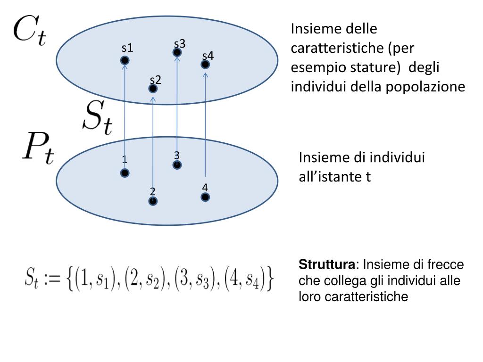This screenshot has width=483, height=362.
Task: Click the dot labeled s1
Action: point(125,60)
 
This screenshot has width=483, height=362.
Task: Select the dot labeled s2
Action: point(153,89)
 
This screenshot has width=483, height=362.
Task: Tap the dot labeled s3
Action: point(177,52)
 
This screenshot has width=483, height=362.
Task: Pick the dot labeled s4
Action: point(205,64)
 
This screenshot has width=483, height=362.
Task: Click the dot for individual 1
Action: point(125,173)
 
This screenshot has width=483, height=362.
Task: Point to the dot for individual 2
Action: point(153,201)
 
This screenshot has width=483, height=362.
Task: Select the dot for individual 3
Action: point(177,165)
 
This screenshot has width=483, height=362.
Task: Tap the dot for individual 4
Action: point(205,197)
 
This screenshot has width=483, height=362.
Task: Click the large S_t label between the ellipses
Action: point(98,116)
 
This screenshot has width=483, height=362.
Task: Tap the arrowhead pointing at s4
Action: point(205,74)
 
